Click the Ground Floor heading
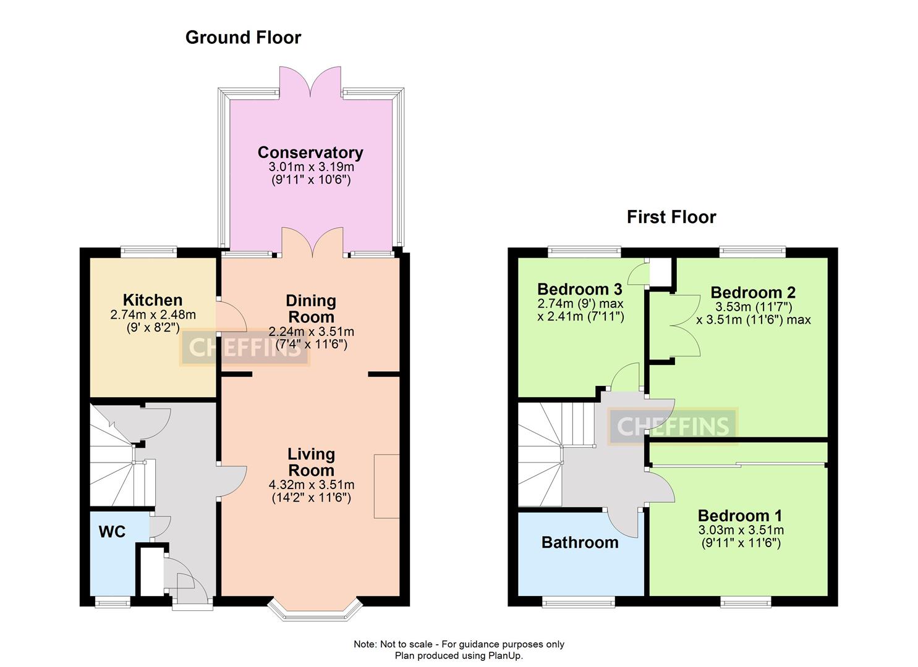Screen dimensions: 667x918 click(x=243, y=38)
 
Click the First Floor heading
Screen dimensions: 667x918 click(x=671, y=217)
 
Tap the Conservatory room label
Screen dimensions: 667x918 click(x=310, y=153)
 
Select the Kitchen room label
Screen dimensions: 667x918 click(x=153, y=300)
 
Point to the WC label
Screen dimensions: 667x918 click(x=112, y=532)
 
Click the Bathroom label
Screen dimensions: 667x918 click(x=580, y=543)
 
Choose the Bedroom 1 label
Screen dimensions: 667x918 click(x=740, y=516)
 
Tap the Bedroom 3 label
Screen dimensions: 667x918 click(x=580, y=289)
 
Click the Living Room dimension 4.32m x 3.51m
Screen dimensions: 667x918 click(x=312, y=485)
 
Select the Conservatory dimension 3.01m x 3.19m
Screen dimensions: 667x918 click(x=311, y=167)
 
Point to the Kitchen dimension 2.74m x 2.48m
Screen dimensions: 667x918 click(x=153, y=315)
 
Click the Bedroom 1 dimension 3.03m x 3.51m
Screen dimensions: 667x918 click(x=741, y=531)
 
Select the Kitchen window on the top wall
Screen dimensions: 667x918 click(x=148, y=251)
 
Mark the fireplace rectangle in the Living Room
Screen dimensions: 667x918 click(x=386, y=486)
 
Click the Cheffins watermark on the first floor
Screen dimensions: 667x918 click(x=673, y=426)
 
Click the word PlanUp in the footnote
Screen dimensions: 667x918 click(x=506, y=656)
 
